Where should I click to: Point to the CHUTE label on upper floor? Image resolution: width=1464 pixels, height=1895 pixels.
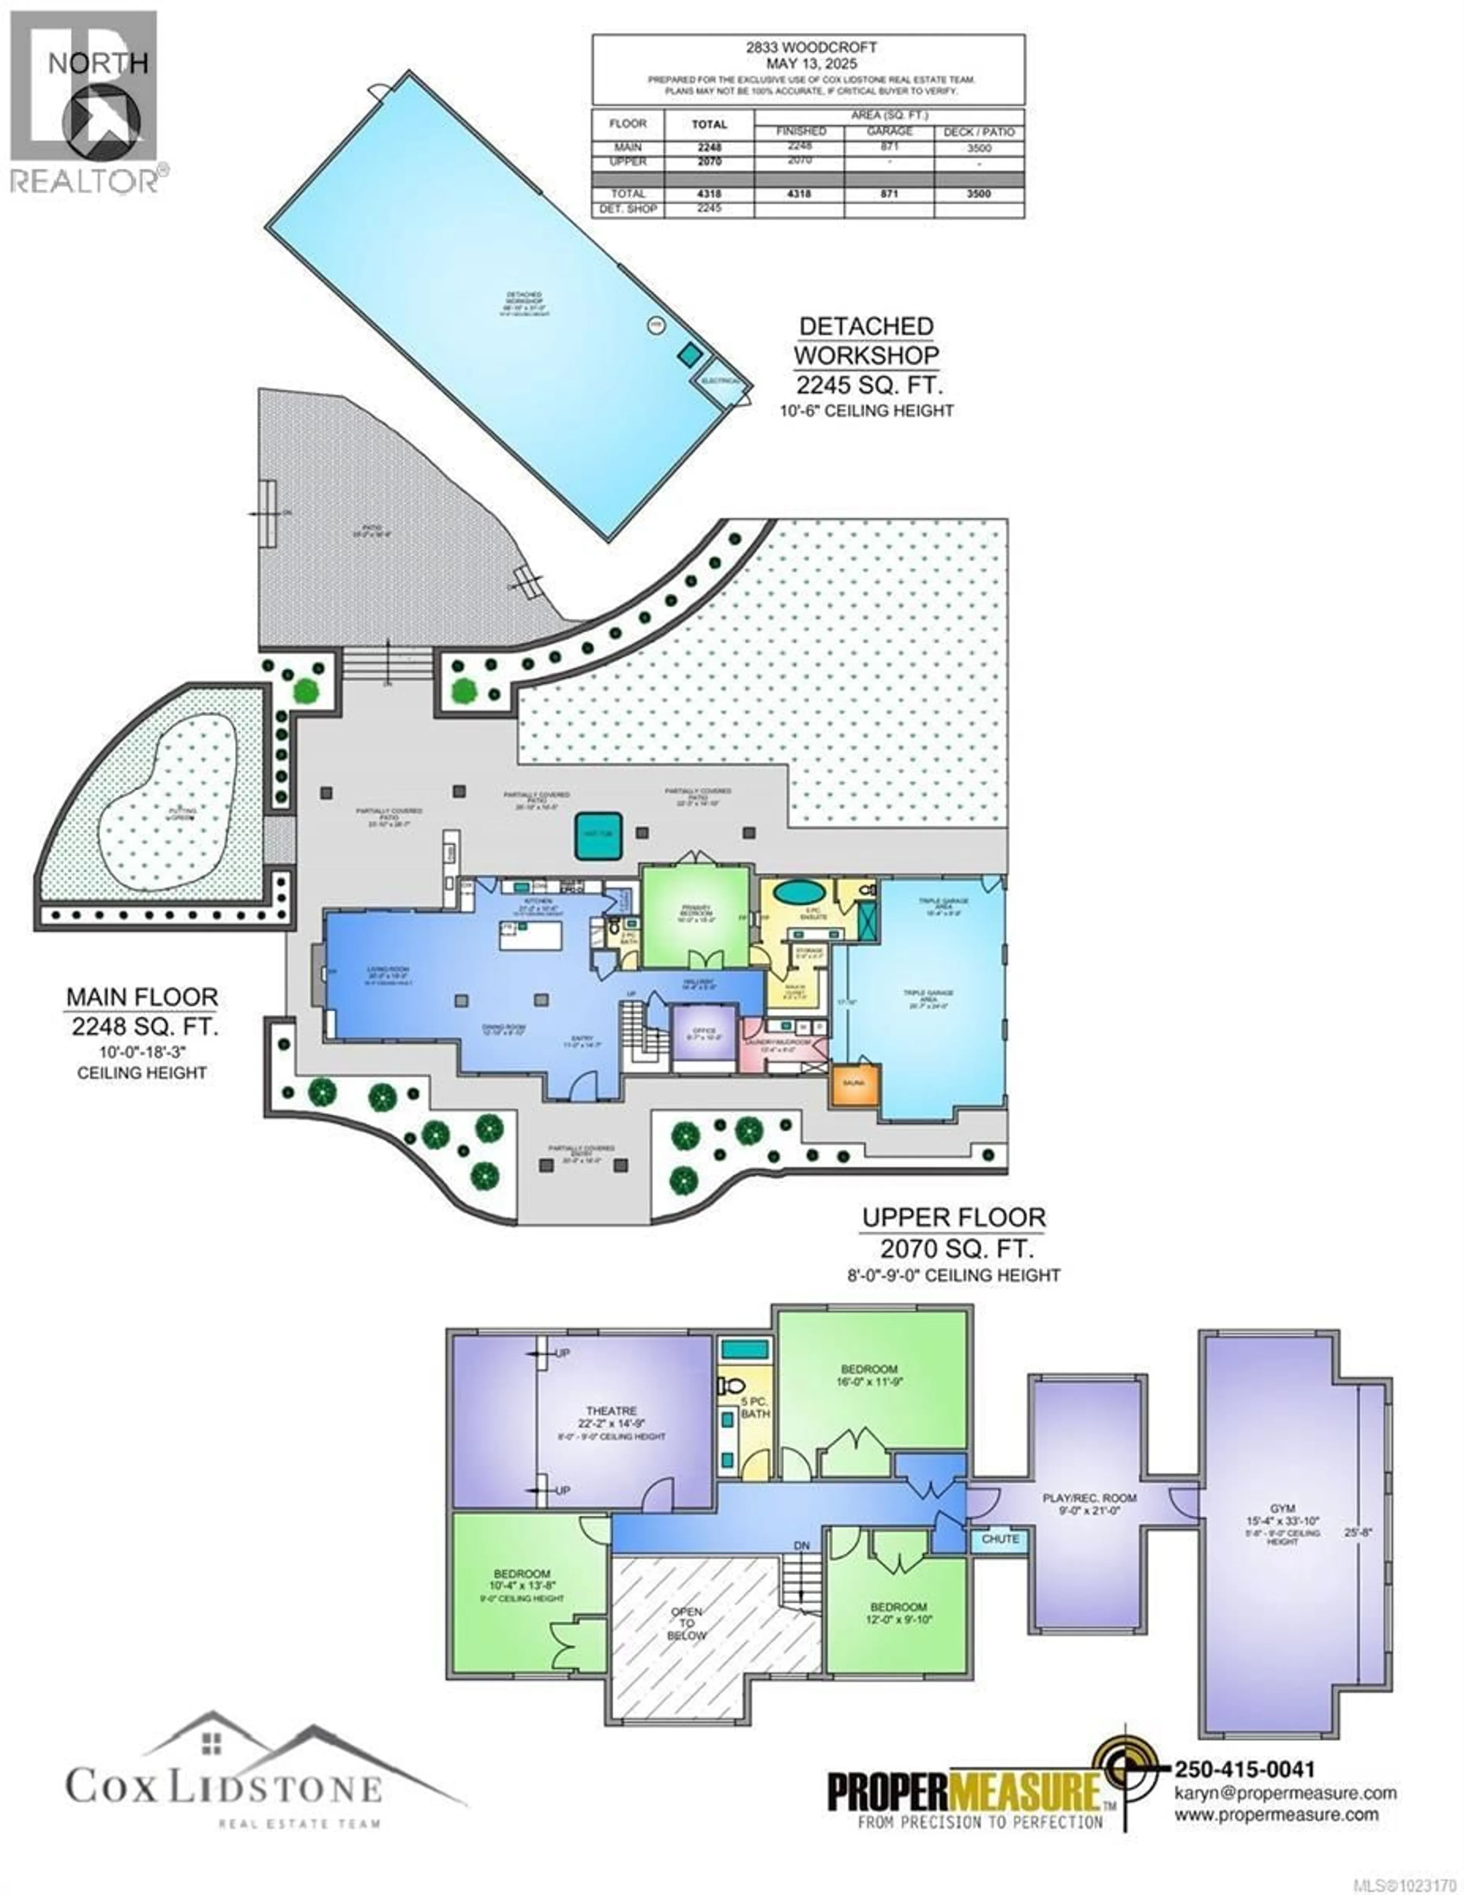[1000, 1539]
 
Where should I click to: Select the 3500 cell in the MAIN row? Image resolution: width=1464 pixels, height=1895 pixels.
[978, 148]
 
